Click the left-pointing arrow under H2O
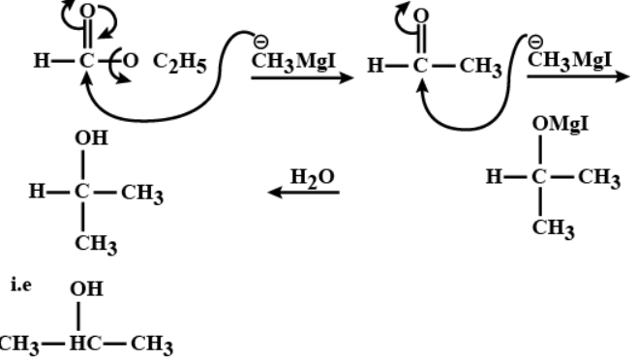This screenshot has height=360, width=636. pyautogui.click(x=305, y=194)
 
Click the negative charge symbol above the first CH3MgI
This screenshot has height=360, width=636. pyautogui.click(x=256, y=44)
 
